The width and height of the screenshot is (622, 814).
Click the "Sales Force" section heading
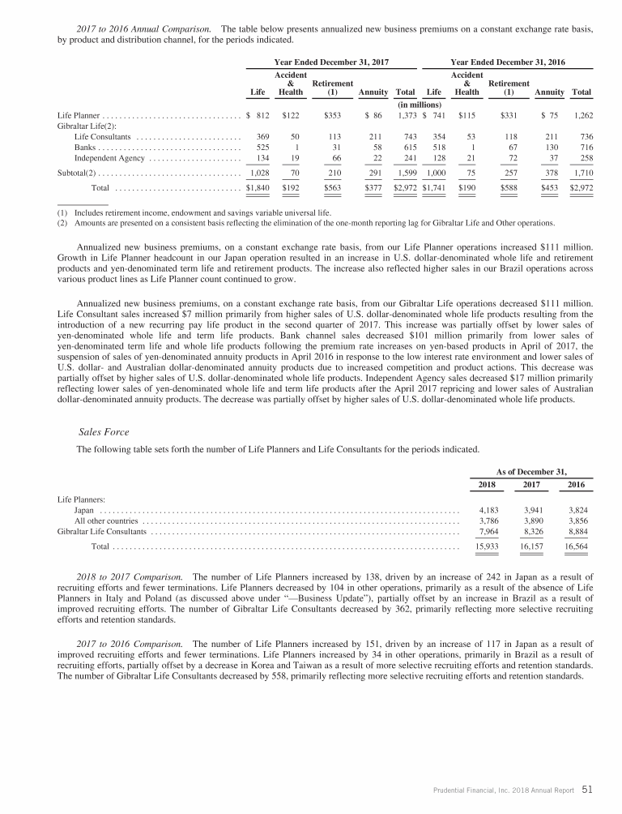(104, 432)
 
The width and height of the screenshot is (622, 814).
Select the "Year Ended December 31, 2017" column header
(343, 62)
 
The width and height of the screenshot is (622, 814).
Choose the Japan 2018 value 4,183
(484, 510)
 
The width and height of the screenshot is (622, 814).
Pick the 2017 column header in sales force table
(530, 485)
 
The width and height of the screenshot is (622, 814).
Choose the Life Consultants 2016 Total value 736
(582, 136)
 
